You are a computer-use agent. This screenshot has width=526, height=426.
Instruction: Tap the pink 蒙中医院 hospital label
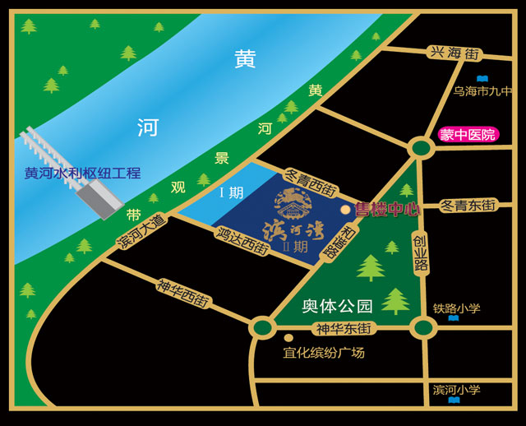click(x=468, y=134)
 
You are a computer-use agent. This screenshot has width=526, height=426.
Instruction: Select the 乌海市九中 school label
click(x=482, y=91)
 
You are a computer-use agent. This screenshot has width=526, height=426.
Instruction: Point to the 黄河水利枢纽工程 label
click(x=82, y=174)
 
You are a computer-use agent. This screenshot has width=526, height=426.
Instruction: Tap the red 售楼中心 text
click(x=387, y=210)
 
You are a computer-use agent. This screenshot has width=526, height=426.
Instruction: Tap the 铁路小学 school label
click(x=456, y=308)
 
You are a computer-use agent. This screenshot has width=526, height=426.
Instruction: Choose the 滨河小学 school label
click(x=456, y=389)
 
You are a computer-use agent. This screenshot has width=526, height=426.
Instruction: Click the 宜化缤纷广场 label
click(x=323, y=352)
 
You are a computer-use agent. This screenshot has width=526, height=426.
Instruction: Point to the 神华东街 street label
click(x=344, y=328)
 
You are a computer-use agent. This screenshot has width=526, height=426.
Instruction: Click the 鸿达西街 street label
click(x=242, y=240)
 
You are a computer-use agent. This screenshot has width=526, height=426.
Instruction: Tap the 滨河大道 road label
click(x=141, y=231)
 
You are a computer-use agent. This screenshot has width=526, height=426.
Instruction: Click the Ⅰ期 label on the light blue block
click(x=231, y=193)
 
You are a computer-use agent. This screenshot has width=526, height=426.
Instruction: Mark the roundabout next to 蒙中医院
click(x=421, y=148)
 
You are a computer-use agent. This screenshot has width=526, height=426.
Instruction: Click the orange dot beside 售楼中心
click(x=345, y=211)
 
